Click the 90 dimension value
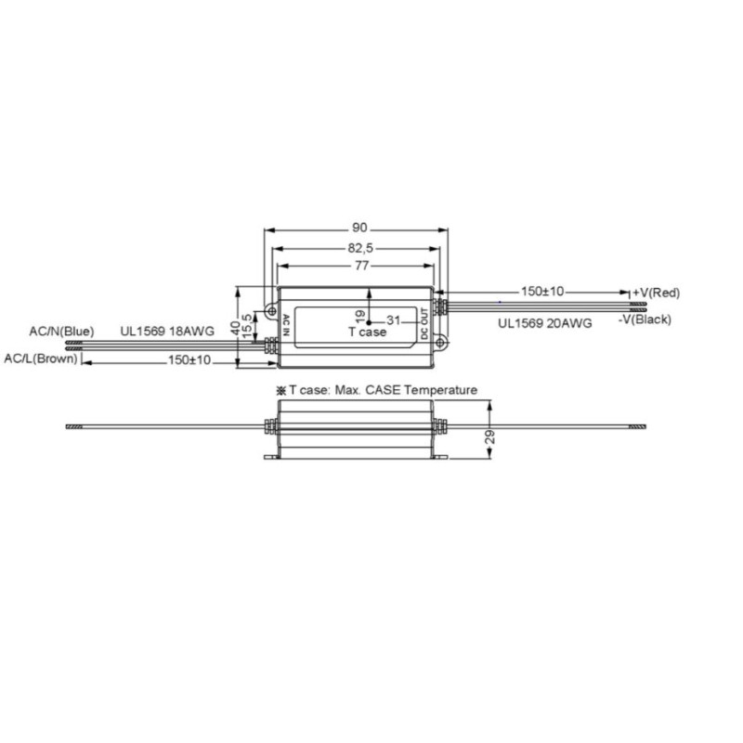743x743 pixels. point(359,228)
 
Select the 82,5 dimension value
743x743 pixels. point(360,248)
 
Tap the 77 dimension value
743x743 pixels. point(361,266)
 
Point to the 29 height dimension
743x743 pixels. point(490,437)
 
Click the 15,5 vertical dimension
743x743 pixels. point(247,327)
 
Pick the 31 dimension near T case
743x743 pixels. point(393,320)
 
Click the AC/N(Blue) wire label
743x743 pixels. point(61,332)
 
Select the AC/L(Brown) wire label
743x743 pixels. point(41,358)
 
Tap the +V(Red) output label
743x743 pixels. point(657,293)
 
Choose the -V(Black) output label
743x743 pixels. point(645,319)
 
